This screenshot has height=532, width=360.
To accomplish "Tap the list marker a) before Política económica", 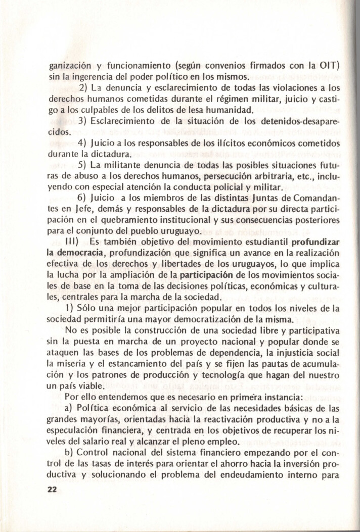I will [x=71, y=407].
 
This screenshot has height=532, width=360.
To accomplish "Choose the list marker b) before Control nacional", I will [x=71, y=451].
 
